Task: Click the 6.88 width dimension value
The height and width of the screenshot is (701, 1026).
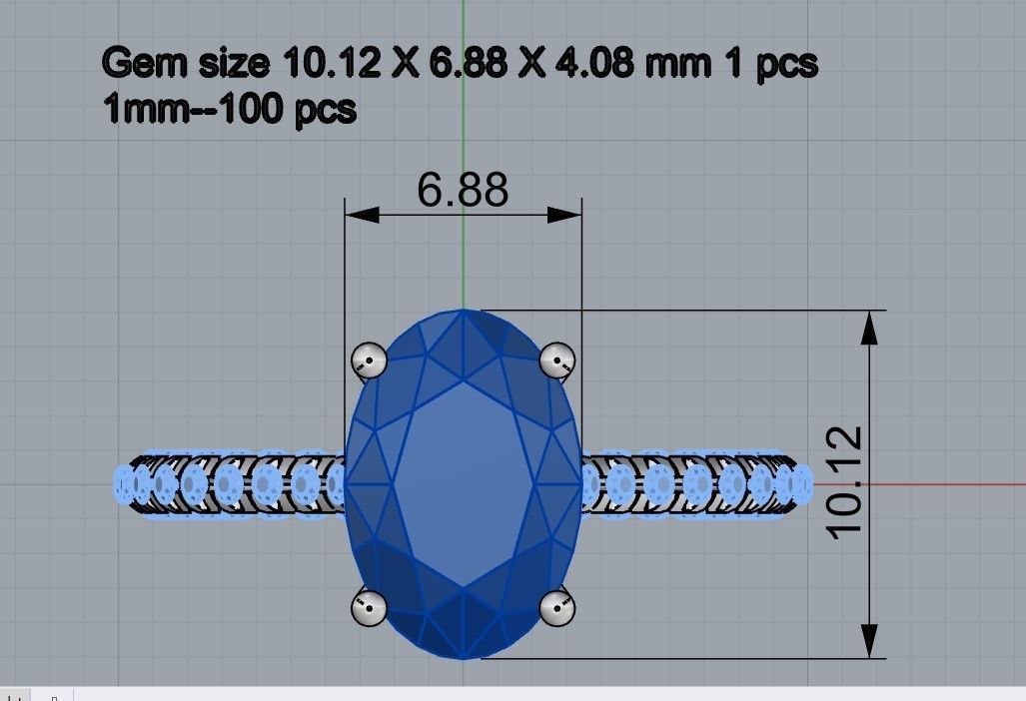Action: point(463,189)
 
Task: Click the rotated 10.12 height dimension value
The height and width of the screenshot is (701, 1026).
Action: point(845,480)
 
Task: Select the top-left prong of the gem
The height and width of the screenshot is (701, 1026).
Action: point(370,358)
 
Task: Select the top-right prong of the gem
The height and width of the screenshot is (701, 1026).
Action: point(555,358)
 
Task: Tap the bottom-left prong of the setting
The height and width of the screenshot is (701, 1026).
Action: point(370,607)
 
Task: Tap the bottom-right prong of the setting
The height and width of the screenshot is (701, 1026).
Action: point(555,607)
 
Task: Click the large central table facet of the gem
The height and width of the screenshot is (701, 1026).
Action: point(463,484)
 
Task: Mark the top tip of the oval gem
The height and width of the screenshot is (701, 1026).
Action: point(464,312)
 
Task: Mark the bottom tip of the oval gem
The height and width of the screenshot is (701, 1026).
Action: point(464,658)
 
